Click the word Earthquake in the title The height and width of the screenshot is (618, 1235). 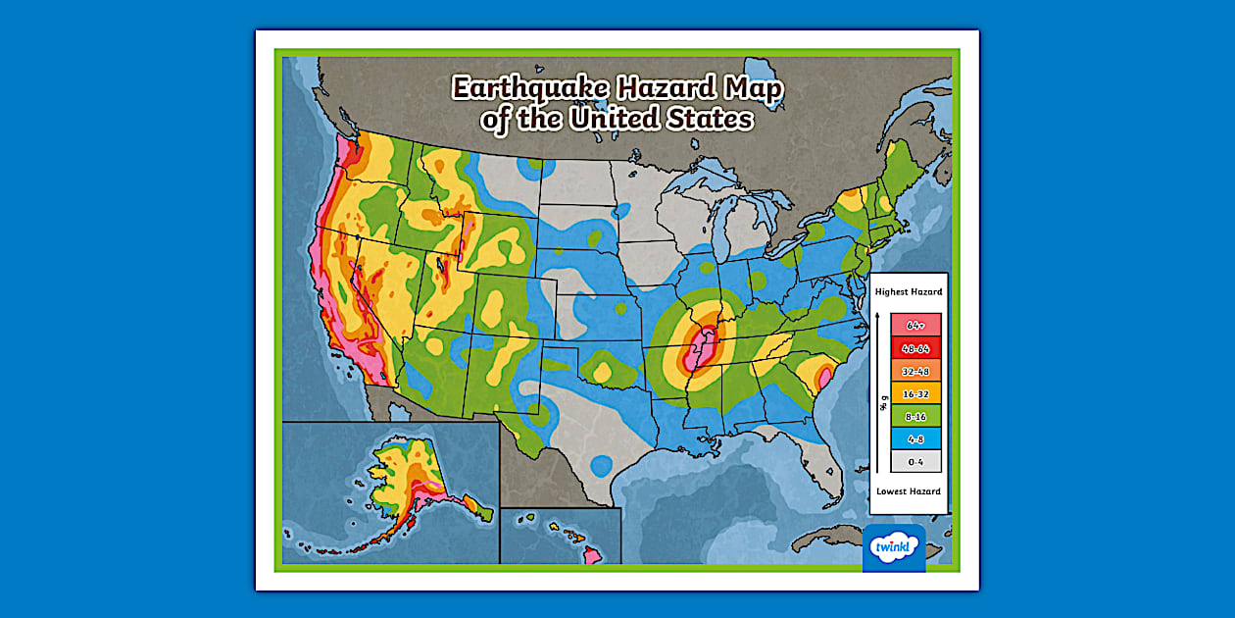pyautogui.click(x=528, y=89)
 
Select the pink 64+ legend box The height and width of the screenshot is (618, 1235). pyautogui.click(x=915, y=325)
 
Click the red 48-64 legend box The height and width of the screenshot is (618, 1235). pyautogui.click(x=915, y=347)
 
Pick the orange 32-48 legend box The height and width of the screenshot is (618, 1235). pyautogui.click(x=915, y=370)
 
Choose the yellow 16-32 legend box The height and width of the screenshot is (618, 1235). pyautogui.click(x=915, y=392)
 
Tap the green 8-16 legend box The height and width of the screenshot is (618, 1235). pyautogui.click(x=915, y=416)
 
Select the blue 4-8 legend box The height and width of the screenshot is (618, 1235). pyautogui.click(x=915, y=438)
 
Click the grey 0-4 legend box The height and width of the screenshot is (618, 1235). pyautogui.click(x=915, y=461)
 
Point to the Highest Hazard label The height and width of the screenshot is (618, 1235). pyautogui.click(x=909, y=291)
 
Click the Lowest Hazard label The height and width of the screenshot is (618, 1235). pyautogui.click(x=909, y=490)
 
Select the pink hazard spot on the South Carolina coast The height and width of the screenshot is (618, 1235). pyautogui.click(x=824, y=375)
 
